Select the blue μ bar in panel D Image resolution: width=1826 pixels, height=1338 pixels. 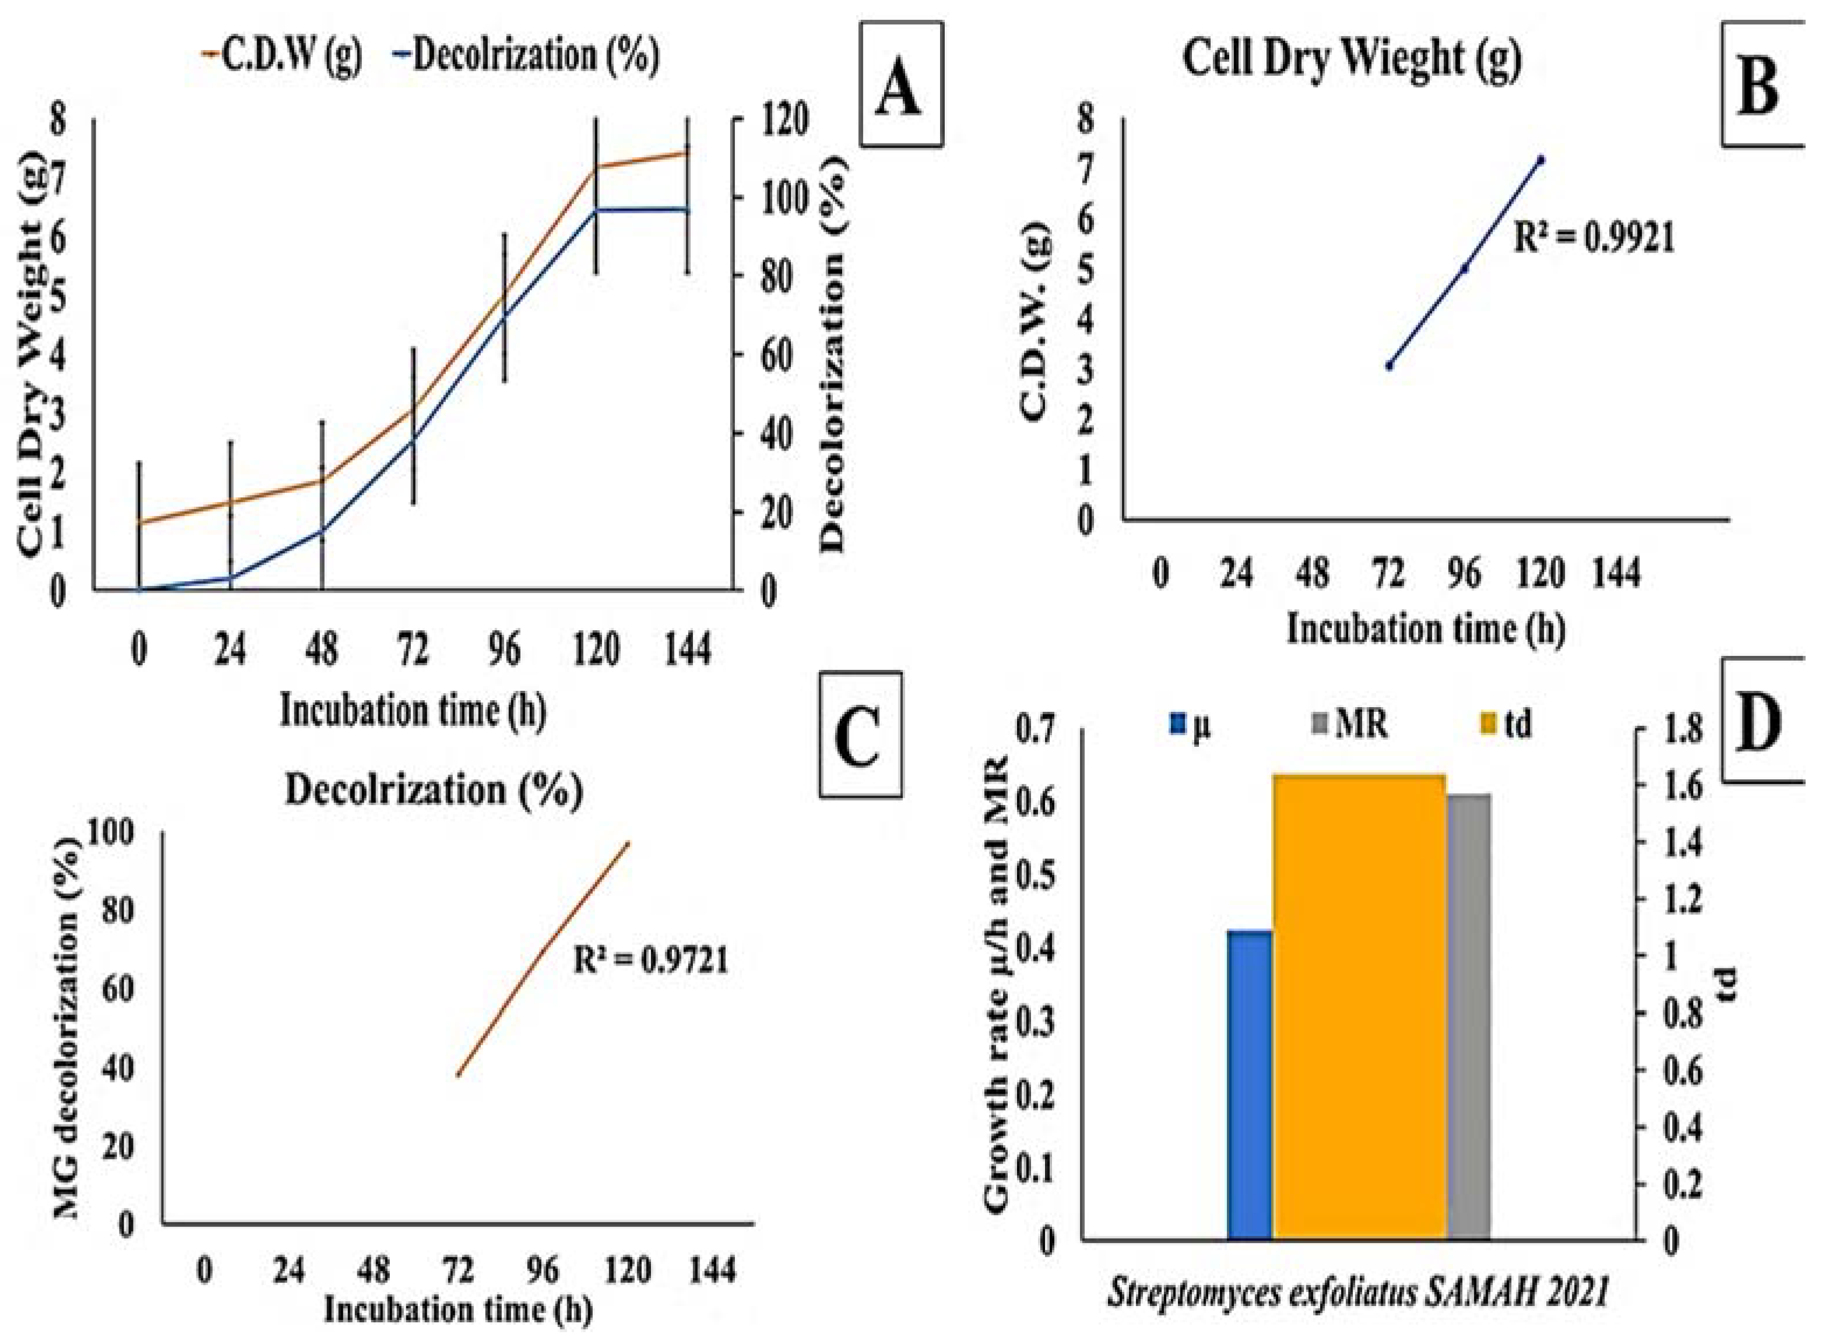point(1250,1086)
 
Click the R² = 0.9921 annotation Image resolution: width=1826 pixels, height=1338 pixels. point(1593,240)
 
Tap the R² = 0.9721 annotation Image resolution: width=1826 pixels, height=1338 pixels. point(651,961)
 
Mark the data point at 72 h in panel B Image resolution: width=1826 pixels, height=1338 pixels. point(1389,366)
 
